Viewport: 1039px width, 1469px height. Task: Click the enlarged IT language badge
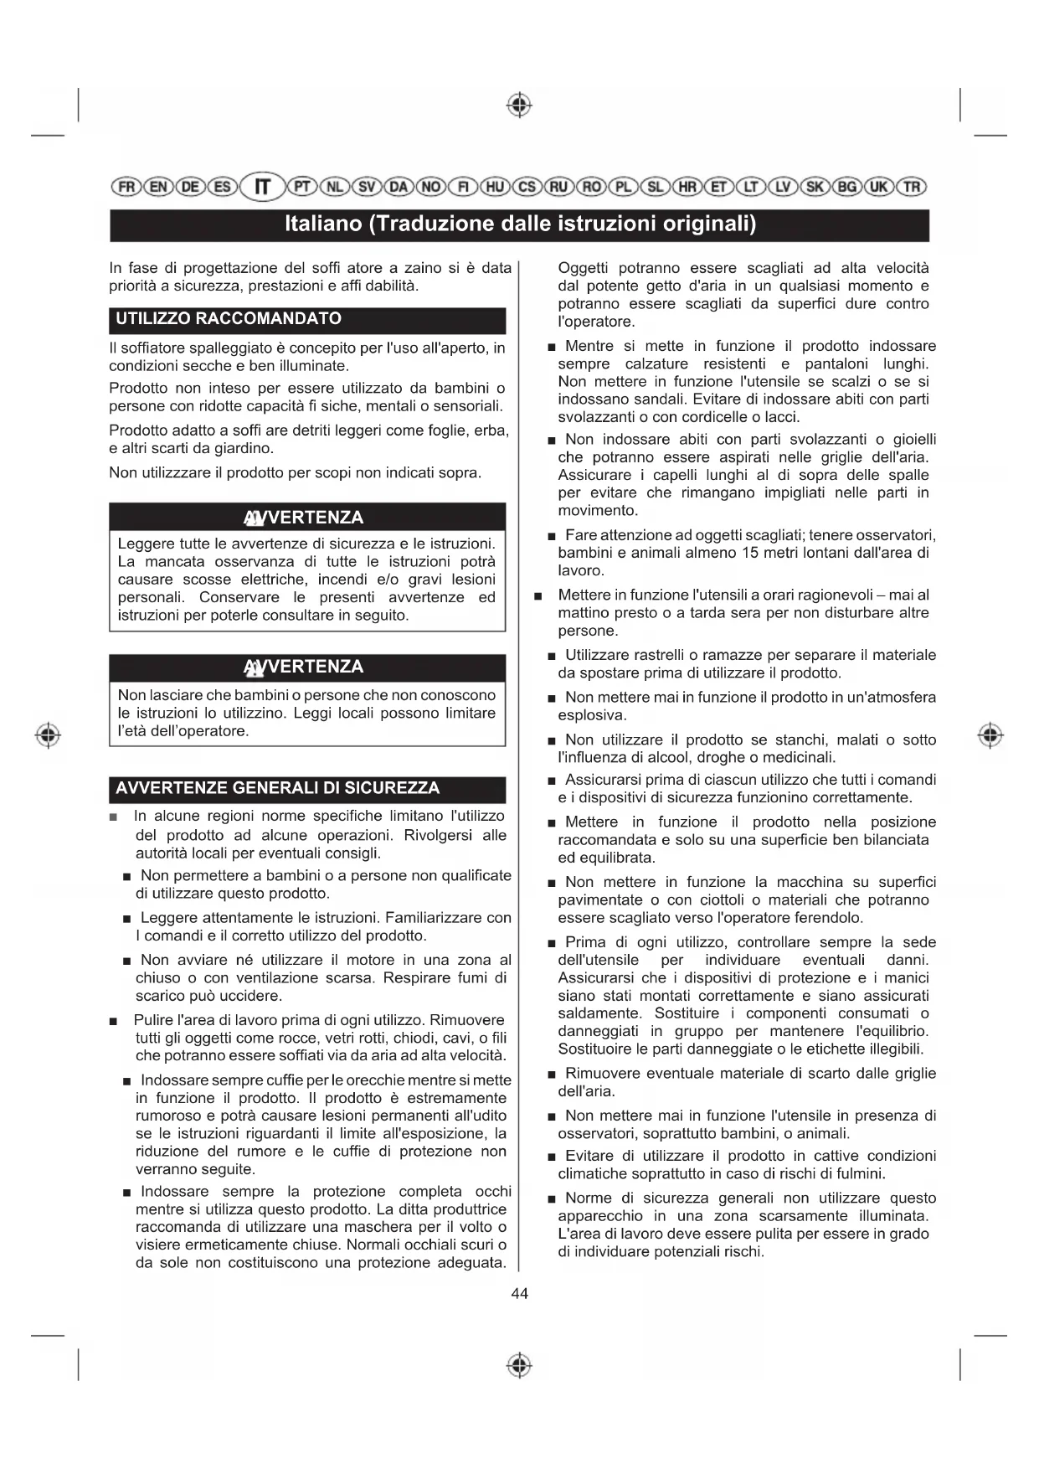click(x=263, y=186)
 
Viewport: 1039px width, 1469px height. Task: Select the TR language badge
click(x=912, y=186)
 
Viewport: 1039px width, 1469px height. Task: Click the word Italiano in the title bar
click(x=323, y=224)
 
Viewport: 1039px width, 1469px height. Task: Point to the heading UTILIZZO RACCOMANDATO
click(x=229, y=319)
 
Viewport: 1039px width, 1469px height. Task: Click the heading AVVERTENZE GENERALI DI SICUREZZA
click(x=277, y=788)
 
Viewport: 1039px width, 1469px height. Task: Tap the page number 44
click(x=519, y=1294)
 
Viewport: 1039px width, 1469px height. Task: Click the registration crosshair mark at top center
click(x=520, y=106)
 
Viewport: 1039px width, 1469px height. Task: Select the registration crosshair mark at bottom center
click(x=520, y=1364)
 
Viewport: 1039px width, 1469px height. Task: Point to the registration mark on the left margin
click(x=49, y=734)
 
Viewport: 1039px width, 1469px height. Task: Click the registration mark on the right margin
click(x=990, y=734)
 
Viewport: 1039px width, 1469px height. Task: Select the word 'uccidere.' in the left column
click(x=250, y=996)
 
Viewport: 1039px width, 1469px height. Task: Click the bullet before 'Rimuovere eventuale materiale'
click(x=552, y=1075)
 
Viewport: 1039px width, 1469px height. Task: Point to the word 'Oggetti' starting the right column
click(x=583, y=268)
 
